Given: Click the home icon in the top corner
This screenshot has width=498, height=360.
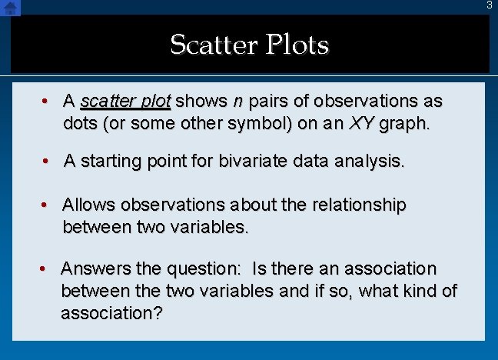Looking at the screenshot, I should coord(10,8).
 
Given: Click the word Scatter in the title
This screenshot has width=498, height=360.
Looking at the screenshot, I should coord(212,45).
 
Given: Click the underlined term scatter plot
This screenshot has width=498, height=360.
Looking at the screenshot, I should coord(125,102).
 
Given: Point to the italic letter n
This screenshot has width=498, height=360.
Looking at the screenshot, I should coord(237,102).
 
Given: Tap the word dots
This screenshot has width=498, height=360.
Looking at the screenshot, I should coord(80,123).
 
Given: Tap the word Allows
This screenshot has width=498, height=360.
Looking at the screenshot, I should coord(88,205).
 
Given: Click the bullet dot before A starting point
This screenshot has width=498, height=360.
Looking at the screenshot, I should coord(47,161).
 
